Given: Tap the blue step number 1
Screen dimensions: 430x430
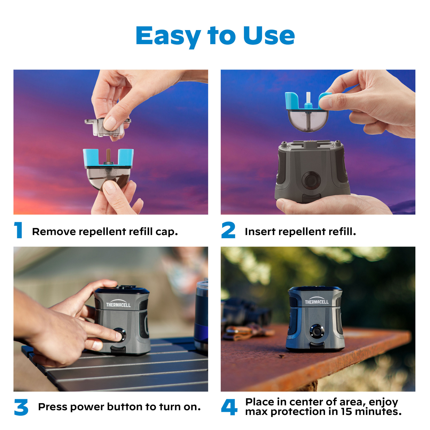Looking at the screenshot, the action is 18,230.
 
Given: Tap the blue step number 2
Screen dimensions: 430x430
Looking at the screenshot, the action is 228,230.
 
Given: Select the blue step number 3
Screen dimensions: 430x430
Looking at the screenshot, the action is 21,407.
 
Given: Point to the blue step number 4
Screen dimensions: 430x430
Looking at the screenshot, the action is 229,407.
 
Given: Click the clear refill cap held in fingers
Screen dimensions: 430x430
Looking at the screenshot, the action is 107,127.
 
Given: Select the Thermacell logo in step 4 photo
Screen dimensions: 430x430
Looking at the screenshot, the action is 317,301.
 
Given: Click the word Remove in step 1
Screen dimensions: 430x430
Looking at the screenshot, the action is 54,231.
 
